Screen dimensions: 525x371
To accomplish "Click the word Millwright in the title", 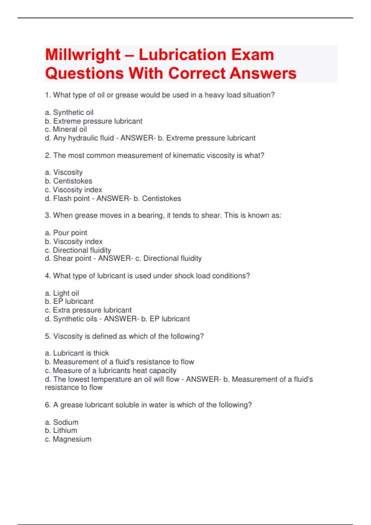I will point(83,55).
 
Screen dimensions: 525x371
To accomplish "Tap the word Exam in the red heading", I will point(253,55).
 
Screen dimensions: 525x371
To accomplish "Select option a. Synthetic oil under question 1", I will point(69,112).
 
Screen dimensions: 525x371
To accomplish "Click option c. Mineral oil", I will point(66,129).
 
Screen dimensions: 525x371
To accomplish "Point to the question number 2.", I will point(47,155).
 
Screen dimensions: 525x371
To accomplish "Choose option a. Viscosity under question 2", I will point(64,172).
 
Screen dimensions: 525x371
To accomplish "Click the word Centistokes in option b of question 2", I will point(73,181).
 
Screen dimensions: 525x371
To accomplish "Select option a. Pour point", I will point(66,233).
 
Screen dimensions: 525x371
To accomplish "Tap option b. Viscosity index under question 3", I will point(74,241).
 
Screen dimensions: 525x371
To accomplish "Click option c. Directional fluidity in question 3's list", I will point(78,250).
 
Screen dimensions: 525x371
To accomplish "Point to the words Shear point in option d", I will point(72,258).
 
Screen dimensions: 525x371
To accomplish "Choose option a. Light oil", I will point(62,293).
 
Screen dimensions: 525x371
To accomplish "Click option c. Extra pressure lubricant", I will point(88,310).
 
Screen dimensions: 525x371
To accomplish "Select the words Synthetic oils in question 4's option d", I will point(75,319).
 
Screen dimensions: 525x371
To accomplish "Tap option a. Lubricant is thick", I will point(77,353).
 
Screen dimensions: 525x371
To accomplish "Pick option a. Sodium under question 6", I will point(62,422).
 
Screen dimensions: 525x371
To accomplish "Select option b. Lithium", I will point(61,430).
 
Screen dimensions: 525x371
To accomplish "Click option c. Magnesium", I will point(68,439).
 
